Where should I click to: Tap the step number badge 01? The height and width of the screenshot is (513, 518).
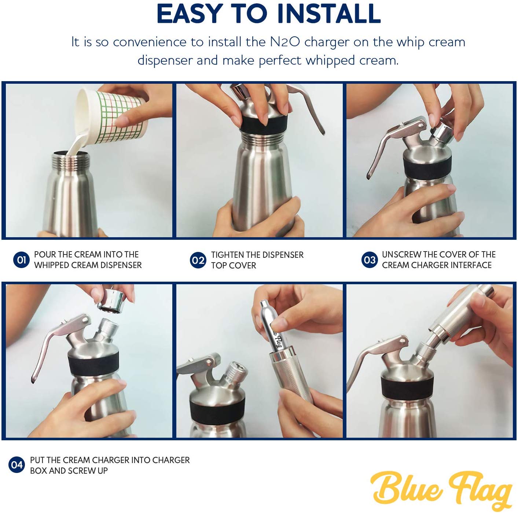coord(22,260)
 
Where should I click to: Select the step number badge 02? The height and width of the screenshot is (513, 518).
coord(198,260)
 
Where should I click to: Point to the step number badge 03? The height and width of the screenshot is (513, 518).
coord(370,260)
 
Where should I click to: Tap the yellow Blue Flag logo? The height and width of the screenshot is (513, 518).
coord(441,489)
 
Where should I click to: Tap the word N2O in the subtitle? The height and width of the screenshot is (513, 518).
coord(285,42)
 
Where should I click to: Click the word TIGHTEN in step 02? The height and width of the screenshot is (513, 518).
coord(225,255)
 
